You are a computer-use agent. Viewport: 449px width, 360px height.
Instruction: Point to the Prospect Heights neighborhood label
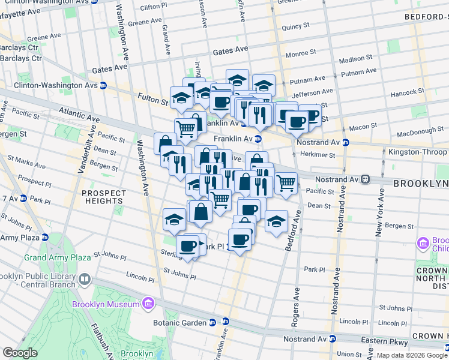point(104,197)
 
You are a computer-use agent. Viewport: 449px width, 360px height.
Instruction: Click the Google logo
point(20,353)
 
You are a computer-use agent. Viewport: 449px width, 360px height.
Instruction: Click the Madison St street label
point(355,59)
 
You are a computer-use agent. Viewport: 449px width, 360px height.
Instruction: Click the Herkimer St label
point(319,155)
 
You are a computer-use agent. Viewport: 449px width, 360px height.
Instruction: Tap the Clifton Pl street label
point(153,7)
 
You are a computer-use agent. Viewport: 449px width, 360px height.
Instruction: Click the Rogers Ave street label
point(295,307)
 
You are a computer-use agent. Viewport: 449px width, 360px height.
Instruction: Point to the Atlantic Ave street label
point(79,114)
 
